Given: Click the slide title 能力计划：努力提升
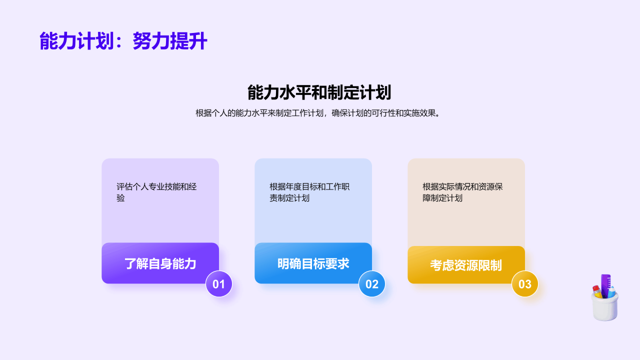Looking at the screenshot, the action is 123,41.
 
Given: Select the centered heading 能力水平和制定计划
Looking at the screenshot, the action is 319,92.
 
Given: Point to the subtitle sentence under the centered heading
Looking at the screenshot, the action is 318,113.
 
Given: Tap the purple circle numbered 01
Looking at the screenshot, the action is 219,284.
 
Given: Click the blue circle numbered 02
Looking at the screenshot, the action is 372,284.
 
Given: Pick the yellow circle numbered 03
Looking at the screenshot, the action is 525,284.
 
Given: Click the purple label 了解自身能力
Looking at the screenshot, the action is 160,263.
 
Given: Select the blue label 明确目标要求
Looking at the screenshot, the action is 313,263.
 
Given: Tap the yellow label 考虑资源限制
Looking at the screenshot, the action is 466,265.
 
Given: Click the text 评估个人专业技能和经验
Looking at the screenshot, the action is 156,192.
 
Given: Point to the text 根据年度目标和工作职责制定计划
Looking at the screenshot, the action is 309,192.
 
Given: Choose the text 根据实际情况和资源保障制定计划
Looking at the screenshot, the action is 462,192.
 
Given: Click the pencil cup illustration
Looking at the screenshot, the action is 605,297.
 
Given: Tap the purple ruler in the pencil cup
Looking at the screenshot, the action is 605,285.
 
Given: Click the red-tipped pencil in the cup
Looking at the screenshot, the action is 597,291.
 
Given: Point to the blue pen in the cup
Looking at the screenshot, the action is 611,292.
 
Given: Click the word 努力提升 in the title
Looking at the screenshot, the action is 170,41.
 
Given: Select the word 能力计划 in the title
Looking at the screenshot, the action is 76,41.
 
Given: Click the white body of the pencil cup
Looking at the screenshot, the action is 605,309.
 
